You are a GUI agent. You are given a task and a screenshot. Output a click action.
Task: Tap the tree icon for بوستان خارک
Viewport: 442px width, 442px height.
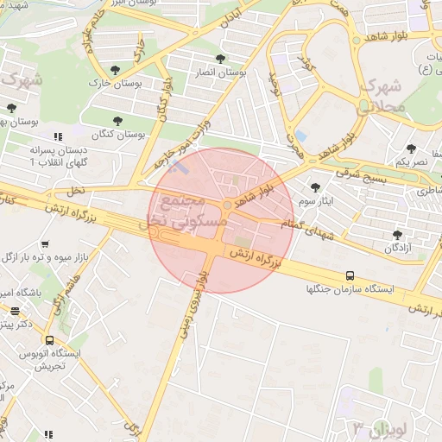(115, 68)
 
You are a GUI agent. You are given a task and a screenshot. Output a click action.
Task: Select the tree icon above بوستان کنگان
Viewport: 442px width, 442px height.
(118, 120)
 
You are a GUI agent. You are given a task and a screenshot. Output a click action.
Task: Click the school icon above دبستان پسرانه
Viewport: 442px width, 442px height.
(58, 136)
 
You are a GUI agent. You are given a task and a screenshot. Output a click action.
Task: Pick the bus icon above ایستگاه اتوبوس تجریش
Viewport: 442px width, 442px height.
(49, 340)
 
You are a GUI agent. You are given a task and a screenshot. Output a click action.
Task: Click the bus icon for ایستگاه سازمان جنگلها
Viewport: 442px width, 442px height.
(350, 275)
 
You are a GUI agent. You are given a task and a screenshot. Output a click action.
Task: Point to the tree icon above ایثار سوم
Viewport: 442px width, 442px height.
(315, 186)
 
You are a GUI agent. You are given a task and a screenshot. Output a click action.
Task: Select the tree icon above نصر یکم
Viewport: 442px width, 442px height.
(412, 148)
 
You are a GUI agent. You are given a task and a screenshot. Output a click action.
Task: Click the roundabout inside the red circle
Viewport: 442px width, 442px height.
(226, 205)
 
